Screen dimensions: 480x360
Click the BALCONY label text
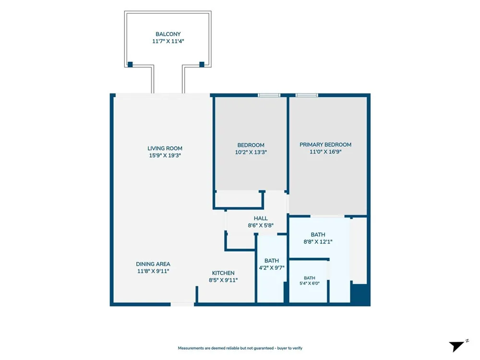168,34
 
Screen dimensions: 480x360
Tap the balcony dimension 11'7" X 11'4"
168,41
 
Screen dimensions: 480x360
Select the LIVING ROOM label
165,148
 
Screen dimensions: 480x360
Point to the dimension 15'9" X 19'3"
165,155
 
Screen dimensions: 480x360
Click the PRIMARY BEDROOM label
325,144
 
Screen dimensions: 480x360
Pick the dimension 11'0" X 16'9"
325,152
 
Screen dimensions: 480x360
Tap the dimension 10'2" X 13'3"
251,152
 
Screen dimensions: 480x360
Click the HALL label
261,218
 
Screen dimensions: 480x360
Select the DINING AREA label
153,264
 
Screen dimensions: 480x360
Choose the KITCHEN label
223,273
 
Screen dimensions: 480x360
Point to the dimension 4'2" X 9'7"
272,267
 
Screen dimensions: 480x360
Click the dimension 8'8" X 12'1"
318,241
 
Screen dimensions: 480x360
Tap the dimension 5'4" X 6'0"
310,283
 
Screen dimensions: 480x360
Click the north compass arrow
457,346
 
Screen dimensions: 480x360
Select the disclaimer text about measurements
240,348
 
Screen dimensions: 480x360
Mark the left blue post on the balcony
130,64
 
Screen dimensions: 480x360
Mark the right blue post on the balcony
202,64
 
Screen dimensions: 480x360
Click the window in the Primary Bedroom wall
307,95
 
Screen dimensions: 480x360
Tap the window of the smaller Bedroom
269,95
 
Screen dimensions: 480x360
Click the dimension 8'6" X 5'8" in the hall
261,225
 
